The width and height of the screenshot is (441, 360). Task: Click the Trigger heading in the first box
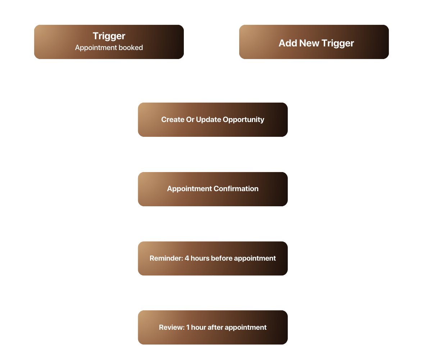click(109, 36)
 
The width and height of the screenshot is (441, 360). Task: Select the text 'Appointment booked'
click(109, 48)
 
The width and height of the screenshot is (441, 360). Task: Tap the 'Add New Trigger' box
click(314, 42)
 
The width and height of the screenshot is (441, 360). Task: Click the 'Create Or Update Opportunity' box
click(213, 120)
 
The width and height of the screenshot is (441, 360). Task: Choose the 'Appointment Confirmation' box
click(213, 189)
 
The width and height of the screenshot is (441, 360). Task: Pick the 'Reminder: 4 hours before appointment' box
click(213, 258)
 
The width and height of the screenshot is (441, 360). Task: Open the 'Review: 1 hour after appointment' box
click(213, 327)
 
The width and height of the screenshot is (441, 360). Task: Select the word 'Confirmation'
click(236, 189)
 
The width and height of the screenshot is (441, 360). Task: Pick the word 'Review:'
click(172, 327)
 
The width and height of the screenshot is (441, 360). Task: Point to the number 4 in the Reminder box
click(187, 258)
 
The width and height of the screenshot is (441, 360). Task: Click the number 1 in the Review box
click(188, 327)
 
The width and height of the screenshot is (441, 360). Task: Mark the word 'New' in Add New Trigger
click(309, 43)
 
